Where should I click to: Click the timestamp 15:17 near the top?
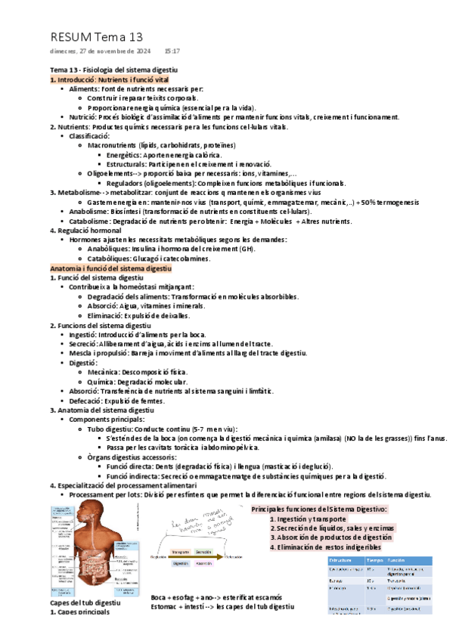172,51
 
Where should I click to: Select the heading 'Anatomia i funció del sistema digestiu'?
110,268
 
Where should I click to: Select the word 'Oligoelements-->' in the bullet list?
116,173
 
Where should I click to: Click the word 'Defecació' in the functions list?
85,400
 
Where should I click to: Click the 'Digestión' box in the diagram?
181,564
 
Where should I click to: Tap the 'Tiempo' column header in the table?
374,560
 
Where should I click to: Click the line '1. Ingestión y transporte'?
308,519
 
